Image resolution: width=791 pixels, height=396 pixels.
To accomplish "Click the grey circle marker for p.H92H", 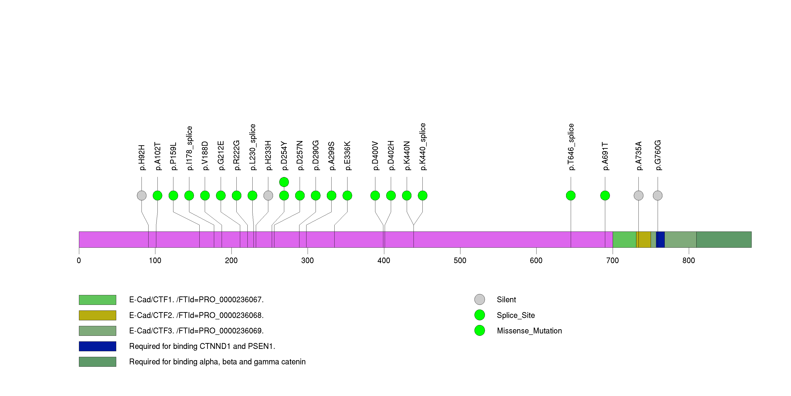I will tap(142, 196).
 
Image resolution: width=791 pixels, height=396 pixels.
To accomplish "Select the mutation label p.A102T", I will tap(157, 156).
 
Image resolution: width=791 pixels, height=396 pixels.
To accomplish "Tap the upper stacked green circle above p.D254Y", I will tap(284, 182).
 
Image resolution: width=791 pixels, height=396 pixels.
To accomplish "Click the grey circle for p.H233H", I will tap(268, 196).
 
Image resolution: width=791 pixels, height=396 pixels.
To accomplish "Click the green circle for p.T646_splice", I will tap(571, 196).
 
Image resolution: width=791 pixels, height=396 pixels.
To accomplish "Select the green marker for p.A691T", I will tap(605, 196).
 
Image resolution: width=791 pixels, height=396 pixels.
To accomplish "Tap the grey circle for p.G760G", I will tap(657, 196).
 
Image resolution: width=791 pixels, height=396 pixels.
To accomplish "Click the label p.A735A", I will tap(638, 156).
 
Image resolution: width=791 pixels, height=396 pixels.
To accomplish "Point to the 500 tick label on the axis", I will tap(460, 261).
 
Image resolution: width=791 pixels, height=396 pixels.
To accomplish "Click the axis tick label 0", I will tap(79, 261).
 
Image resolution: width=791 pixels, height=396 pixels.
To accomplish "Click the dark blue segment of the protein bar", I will tap(660, 239).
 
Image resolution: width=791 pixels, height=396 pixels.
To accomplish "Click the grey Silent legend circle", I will tap(480, 299).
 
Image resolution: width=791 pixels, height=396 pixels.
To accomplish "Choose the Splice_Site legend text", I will tap(515, 315).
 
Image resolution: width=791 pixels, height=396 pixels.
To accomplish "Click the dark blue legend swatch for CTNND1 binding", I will tap(97, 346).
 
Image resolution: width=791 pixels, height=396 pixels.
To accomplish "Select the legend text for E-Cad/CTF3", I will tap(196, 331).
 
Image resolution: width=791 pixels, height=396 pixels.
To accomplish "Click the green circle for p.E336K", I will tap(347, 196).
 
